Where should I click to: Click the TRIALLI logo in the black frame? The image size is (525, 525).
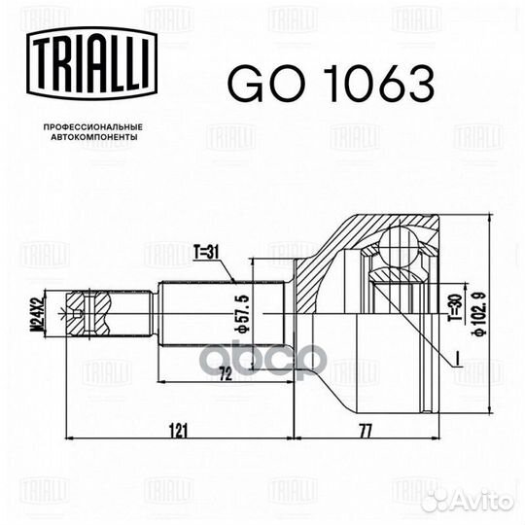pos(91,63)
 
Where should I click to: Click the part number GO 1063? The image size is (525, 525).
pos(332,83)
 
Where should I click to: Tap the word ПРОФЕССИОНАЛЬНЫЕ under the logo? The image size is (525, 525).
pos(93,127)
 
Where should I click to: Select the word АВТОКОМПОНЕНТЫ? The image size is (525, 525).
pos(94,137)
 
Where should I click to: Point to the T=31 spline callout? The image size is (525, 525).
pos(206,252)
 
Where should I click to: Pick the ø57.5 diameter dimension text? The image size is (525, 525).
pos(242,314)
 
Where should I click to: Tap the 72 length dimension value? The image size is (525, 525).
pos(226,374)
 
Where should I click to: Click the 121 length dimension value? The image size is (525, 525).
pos(178,430)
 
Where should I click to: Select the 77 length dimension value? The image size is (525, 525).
pos(366,431)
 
